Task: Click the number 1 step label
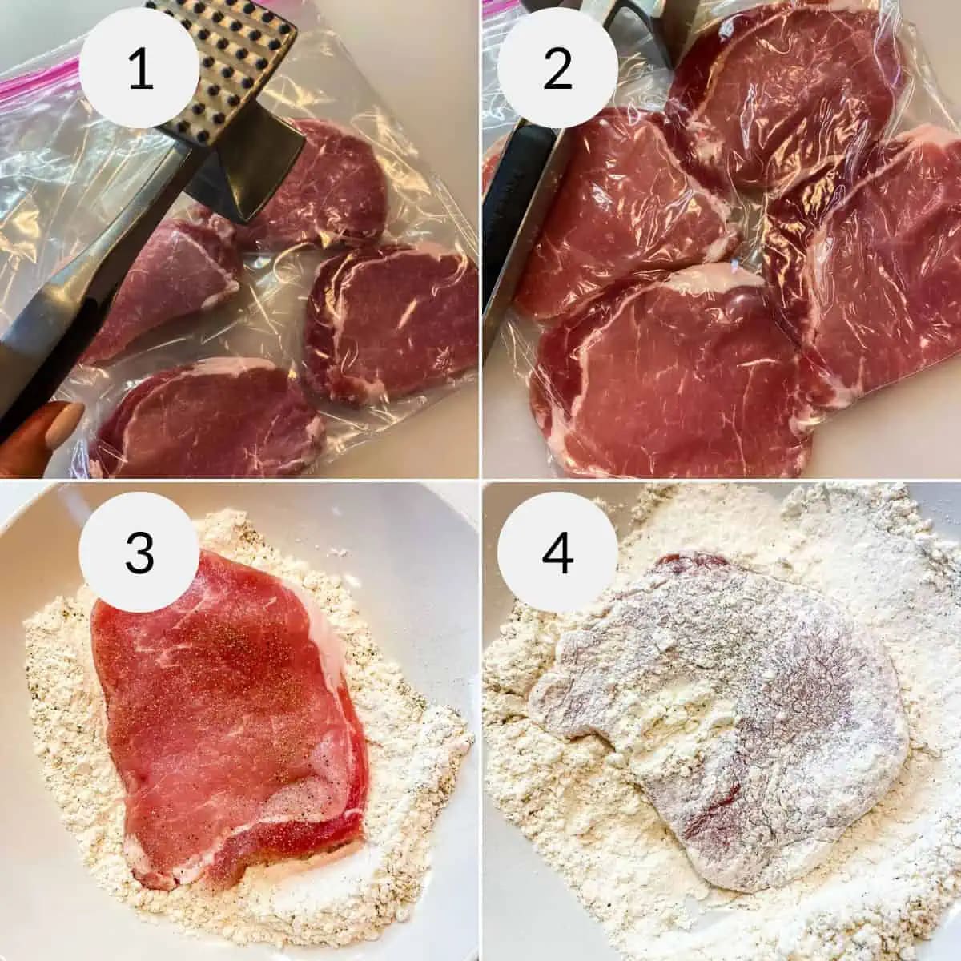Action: coord(139,69)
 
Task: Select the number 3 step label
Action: coord(139,553)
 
